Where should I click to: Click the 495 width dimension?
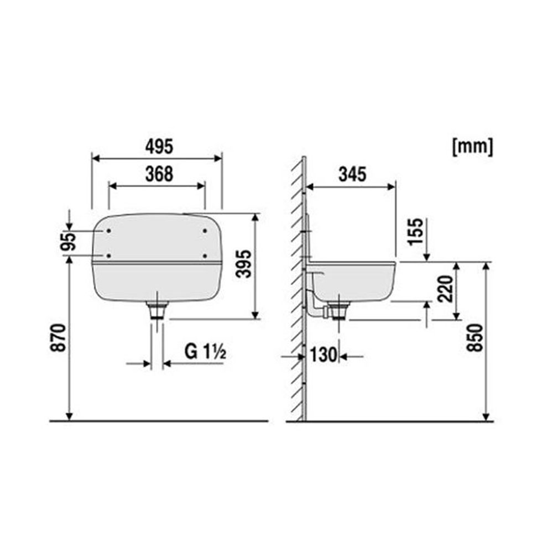pyautogui.click(x=159, y=147)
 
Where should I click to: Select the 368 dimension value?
pyautogui.click(x=159, y=174)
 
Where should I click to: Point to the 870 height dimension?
pyautogui.click(x=58, y=337)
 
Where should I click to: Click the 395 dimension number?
pyautogui.click(x=244, y=264)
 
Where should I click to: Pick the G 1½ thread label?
pyautogui.click(x=205, y=351)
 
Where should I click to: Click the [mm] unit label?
pyautogui.click(x=473, y=147)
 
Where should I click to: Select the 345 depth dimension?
pyautogui.click(x=352, y=174)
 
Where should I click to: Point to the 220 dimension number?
pyautogui.click(x=445, y=289)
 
